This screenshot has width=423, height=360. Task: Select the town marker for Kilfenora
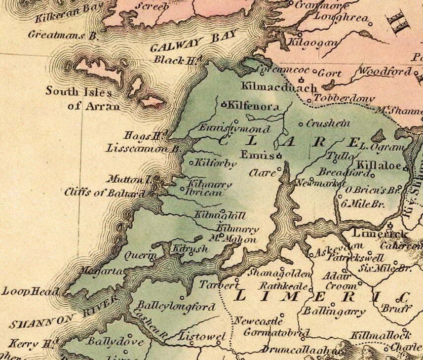coord(223,104)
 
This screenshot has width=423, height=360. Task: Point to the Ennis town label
coord(256,155)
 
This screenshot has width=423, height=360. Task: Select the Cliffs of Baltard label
coord(104,193)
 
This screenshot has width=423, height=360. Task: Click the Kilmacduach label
coord(279,88)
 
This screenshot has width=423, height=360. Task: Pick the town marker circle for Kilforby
coord(192,162)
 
